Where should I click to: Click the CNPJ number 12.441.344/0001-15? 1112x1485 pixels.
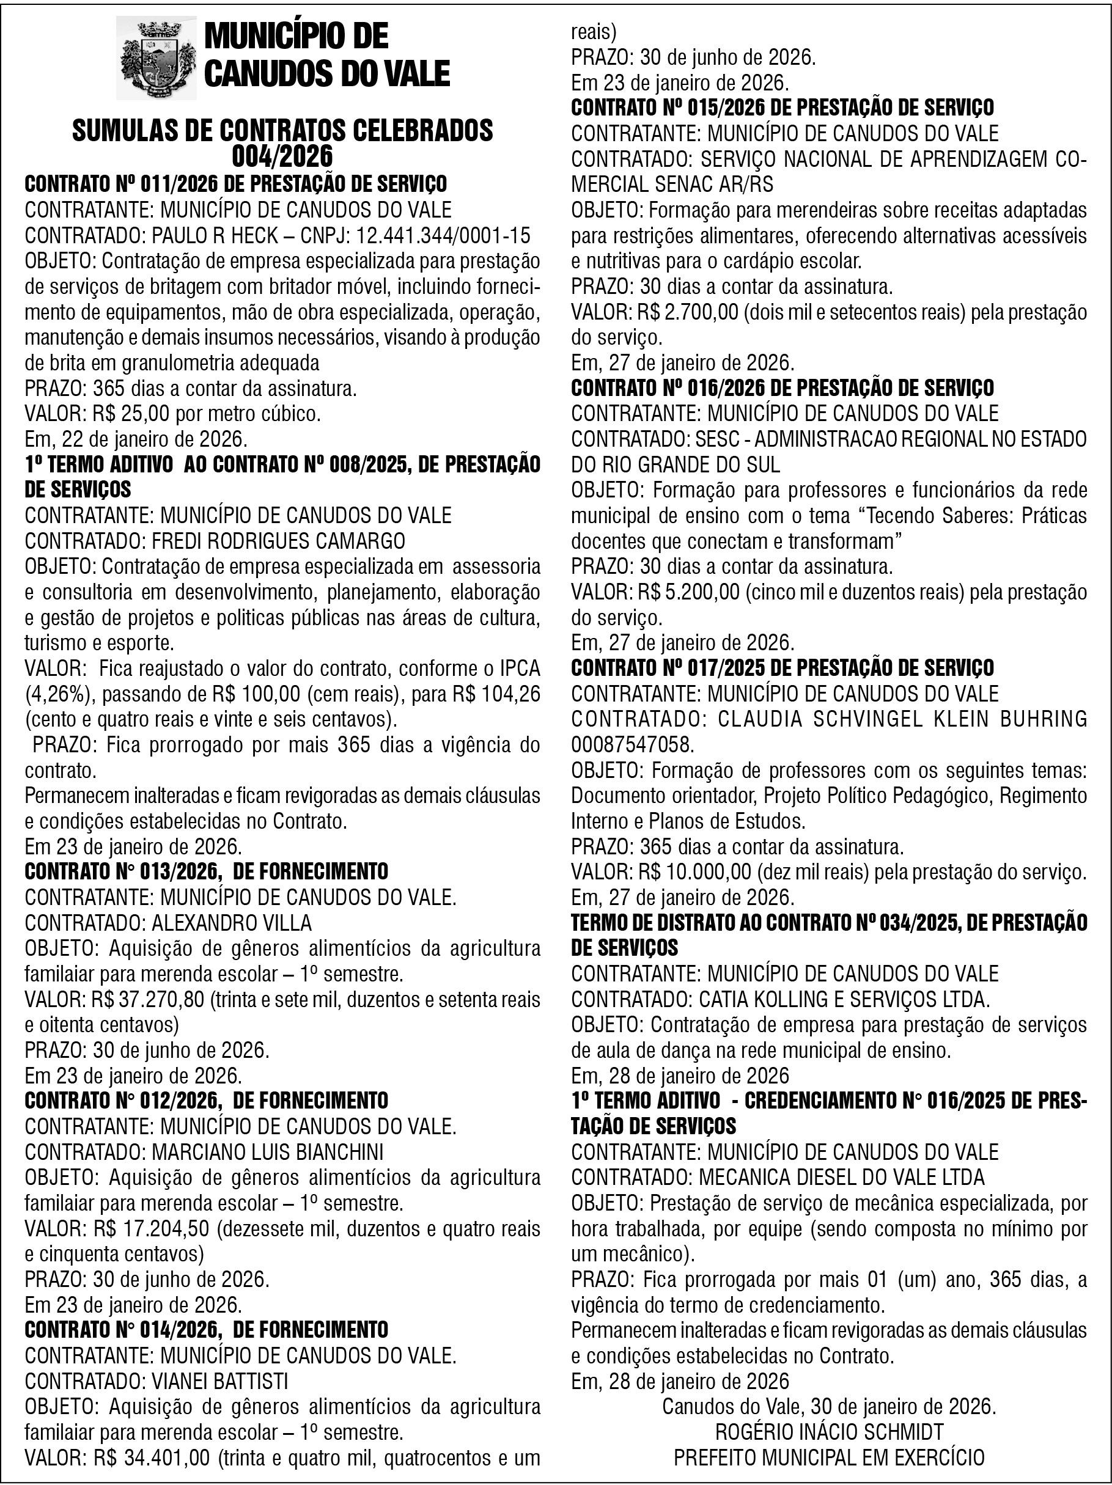point(443,236)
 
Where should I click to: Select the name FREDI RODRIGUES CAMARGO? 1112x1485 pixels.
point(279,541)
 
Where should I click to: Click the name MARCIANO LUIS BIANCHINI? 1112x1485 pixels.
point(267,1152)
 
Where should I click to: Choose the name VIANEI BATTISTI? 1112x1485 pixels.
point(219,1381)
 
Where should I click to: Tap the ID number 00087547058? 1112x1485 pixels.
point(632,744)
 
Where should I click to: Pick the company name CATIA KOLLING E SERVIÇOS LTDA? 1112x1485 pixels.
point(844,1000)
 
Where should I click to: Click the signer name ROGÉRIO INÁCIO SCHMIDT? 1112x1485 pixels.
point(830,1432)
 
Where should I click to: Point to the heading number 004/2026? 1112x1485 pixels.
point(282,156)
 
